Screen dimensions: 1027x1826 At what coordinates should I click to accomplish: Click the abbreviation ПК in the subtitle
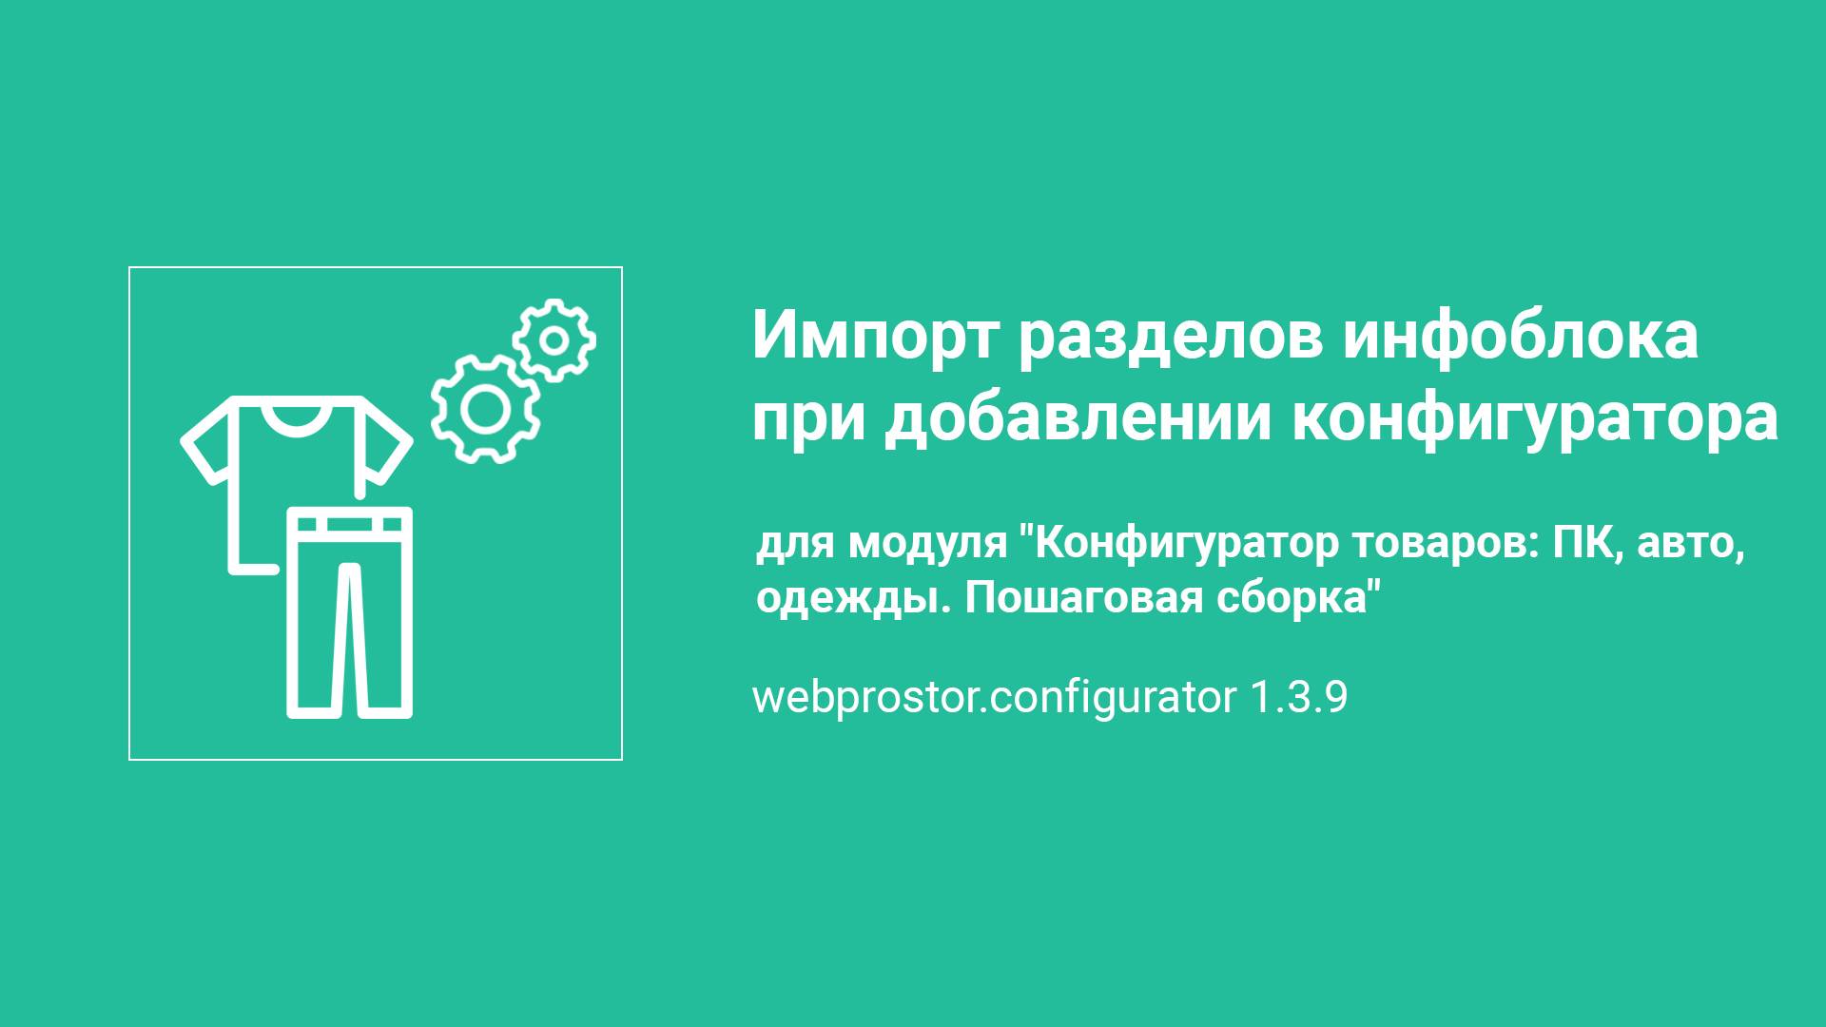pos(1587,544)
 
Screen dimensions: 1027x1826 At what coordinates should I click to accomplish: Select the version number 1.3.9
pos(1298,698)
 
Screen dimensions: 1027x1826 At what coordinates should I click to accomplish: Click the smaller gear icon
pos(554,339)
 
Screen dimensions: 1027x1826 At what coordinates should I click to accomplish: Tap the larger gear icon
pos(485,409)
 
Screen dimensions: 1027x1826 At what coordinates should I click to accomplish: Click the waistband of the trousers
pos(349,523)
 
